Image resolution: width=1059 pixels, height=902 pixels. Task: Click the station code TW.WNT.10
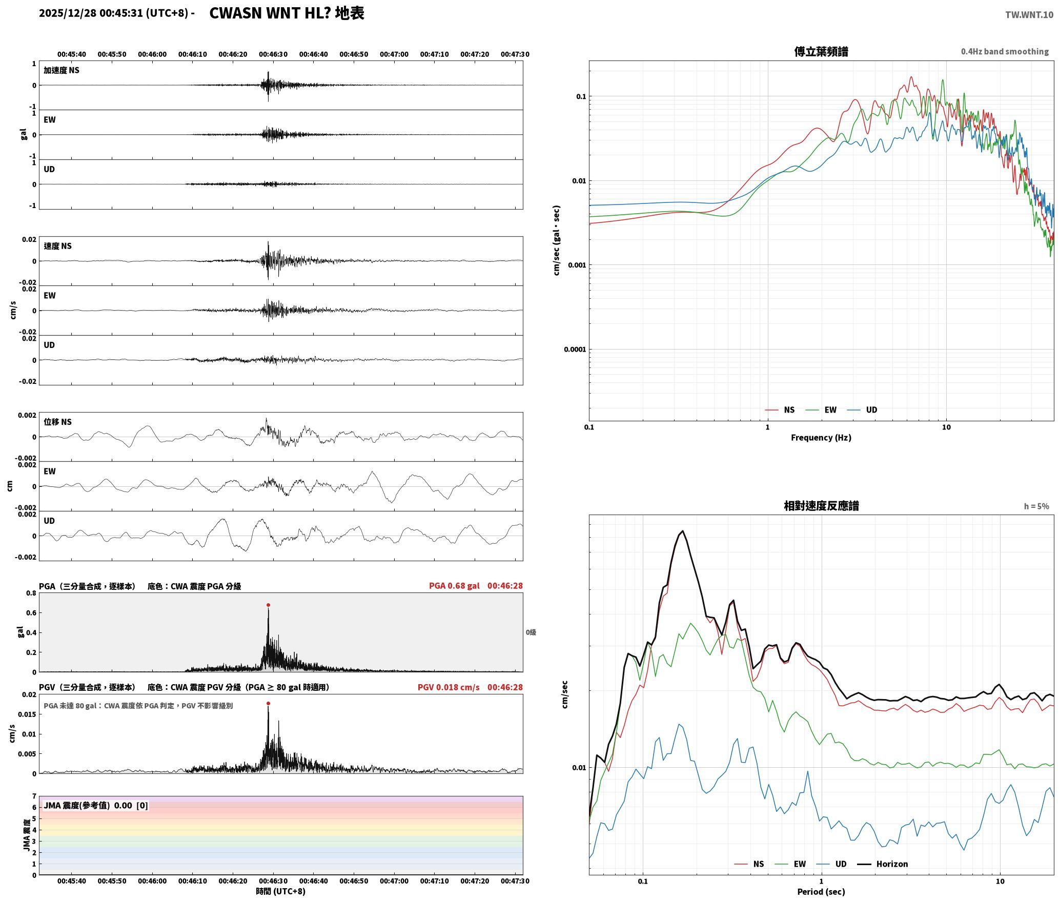(1029, 15)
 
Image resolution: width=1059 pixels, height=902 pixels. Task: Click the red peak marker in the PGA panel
(268, 605)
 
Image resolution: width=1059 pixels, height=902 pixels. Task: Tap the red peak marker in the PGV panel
(268, 703)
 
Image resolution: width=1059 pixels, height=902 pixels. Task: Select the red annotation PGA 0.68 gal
(454, 586)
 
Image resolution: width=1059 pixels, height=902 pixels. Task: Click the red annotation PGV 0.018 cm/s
(449, 687)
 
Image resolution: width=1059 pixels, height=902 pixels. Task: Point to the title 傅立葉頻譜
(821, 51)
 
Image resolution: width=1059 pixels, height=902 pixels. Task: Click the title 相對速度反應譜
(821, 506)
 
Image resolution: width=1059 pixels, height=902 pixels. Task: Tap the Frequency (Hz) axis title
(821, 437)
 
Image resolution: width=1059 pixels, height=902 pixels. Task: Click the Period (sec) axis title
(821, 891)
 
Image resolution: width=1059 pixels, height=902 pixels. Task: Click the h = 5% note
(1036, 506)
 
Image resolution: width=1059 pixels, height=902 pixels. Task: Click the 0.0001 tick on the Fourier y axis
(574, 350)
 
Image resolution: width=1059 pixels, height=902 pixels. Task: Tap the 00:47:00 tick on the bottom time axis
(394, 880)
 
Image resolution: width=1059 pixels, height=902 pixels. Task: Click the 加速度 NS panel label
(62, 70)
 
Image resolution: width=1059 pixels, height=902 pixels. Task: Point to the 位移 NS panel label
(57, 422)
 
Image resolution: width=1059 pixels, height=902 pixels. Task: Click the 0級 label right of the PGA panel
(531, 632)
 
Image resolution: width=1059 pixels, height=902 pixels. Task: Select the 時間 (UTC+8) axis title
(281, 891)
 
